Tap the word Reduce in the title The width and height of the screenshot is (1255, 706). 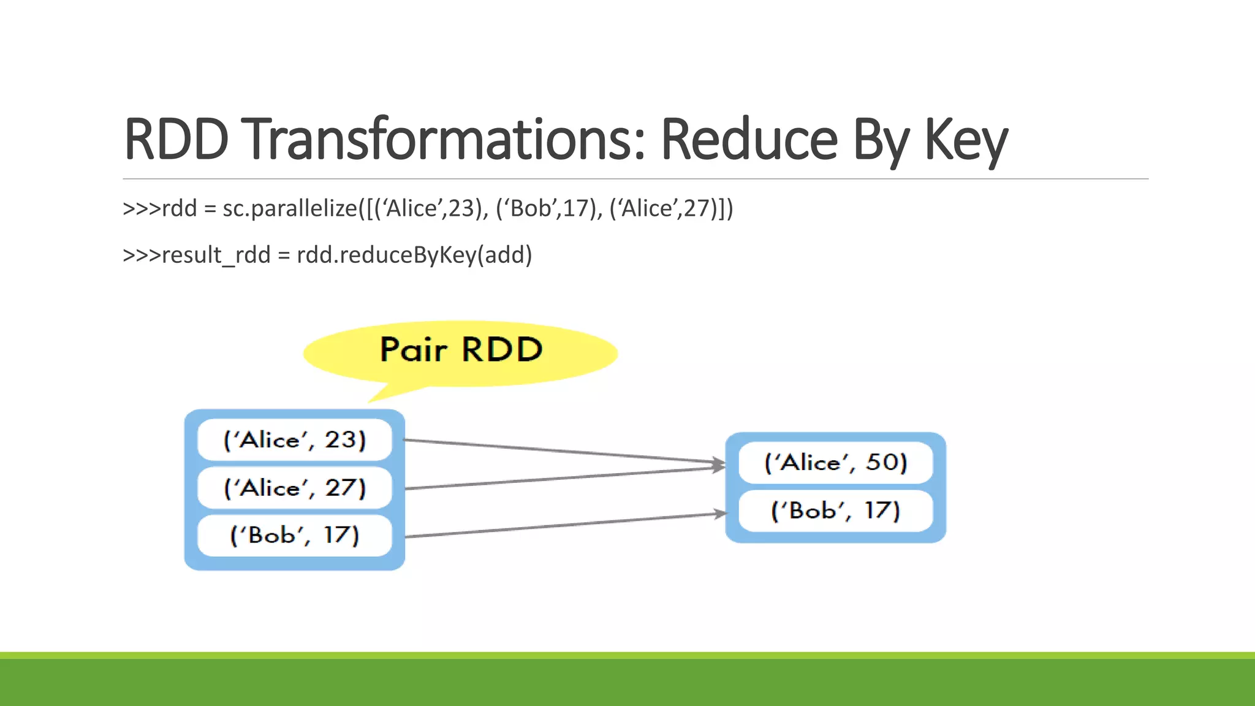tap(749, 140)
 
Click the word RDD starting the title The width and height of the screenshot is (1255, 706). tap(176, 140)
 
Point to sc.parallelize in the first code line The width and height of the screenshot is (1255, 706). tap(289, 209)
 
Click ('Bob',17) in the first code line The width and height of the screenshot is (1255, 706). tap(549, 209)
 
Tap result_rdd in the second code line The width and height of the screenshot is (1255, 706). tap(216, 255)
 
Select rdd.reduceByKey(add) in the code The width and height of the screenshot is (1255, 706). tap(414, 255)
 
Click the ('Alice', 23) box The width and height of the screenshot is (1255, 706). tap(294, 440)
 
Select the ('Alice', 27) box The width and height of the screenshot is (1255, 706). tap(294, 488)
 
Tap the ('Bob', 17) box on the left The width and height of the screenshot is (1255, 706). tap(294, 536)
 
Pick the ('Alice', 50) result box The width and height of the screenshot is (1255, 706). tap(835, 463)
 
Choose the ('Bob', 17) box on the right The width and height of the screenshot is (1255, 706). tap(835, 511)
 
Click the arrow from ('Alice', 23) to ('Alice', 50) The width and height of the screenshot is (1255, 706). tap(564, 451)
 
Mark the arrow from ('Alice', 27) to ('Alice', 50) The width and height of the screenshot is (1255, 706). tap(564, 478)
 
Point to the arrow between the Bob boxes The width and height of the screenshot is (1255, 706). tap(564, 525)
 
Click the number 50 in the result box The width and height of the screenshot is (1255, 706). tap(885, 462)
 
